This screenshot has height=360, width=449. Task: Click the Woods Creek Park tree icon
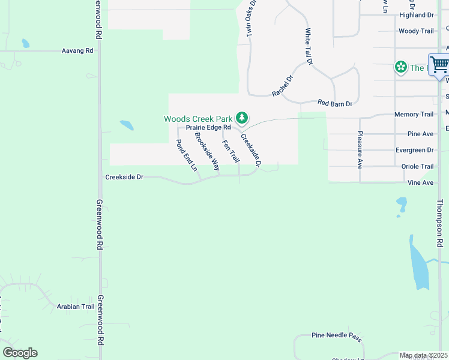click(x=241, y=118)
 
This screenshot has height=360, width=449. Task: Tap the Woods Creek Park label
click(x=199, y=119)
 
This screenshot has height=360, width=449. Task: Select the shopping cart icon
click(x=439, y=64)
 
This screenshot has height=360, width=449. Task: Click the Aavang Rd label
click(x=77, y=51)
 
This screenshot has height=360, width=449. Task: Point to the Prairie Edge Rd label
click(x=208, y=127)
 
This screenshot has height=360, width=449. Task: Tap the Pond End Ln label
click(x=186, y=155)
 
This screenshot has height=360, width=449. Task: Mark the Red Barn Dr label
click(x=334, y=103)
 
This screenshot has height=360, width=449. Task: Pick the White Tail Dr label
click(x=309, y=46)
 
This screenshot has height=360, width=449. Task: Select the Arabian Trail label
click(x=76, y=307)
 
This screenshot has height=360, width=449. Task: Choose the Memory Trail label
click(x=414, y=114)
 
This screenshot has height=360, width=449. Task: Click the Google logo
click(x=20, y=353)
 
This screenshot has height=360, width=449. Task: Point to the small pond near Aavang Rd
click(x=25, y=43)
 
